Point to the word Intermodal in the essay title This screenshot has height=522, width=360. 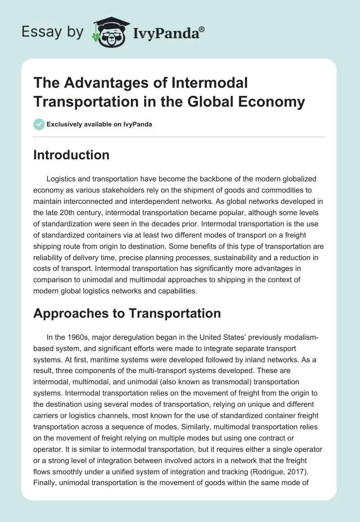[x=210, y=83]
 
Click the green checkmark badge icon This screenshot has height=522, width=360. [x=39, y=124]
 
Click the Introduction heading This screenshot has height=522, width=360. [x=71, y=155]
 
